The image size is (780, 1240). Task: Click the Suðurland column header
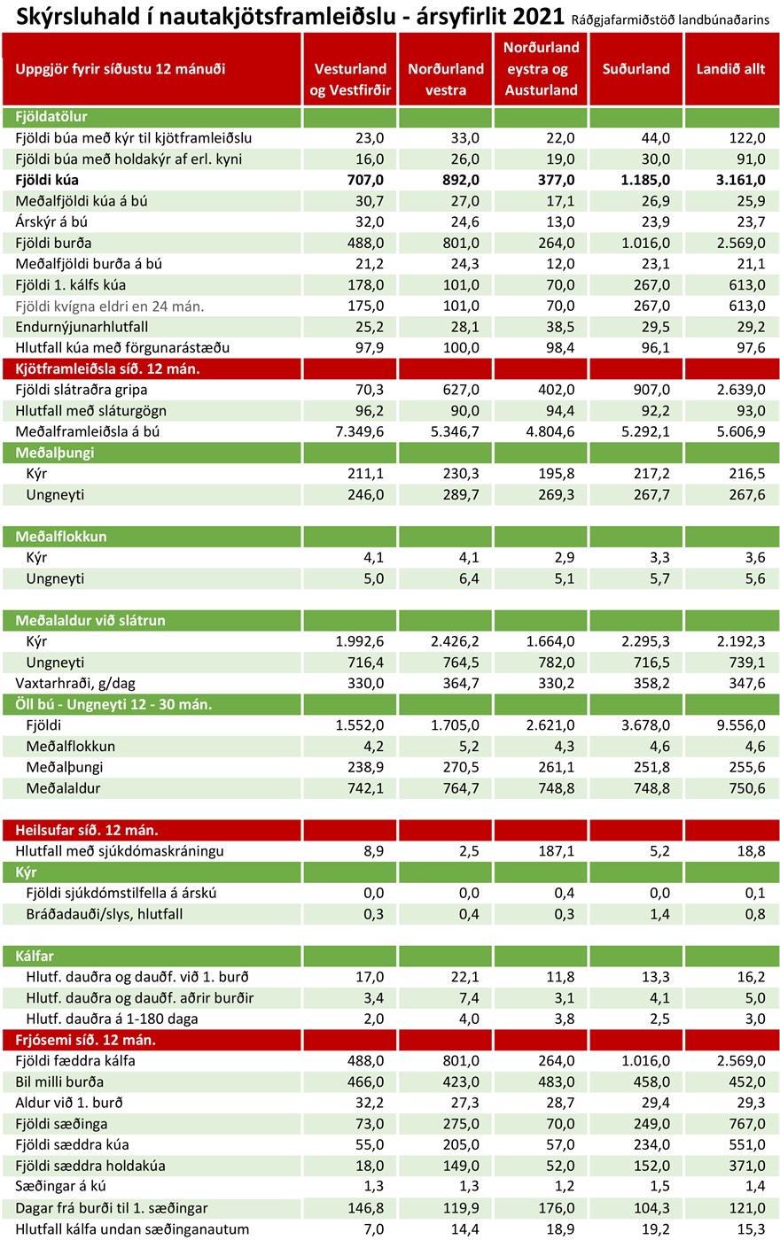(636, 69)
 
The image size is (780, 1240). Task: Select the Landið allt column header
(730, 69)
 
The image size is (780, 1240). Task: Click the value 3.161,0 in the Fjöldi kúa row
(738, 180)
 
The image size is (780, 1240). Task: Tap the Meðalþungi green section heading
(55, 453)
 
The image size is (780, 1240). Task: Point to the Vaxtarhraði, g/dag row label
(76, 683)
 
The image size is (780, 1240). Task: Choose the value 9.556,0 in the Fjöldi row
(738, 725)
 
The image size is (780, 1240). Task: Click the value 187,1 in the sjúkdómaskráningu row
(557, 851)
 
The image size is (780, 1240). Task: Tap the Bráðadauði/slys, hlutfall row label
(105, 914)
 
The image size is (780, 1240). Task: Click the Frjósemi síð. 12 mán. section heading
(86, 1040)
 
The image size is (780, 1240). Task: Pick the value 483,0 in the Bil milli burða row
(557, 1081)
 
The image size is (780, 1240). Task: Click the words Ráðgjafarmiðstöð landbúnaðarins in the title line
(675, 19)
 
